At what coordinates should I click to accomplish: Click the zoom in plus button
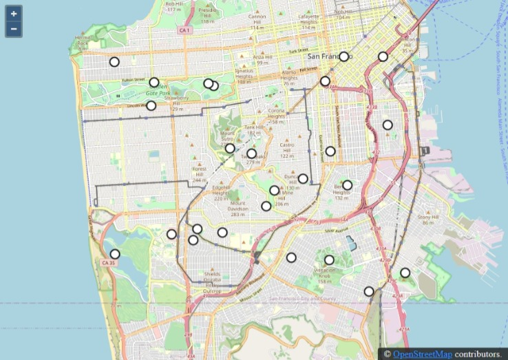point(14,13)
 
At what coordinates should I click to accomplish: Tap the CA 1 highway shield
point(184,31)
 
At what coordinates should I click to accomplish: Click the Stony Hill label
point(427,219)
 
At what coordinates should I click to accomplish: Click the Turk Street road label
point(297,51)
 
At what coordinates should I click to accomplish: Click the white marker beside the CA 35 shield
point(114,254)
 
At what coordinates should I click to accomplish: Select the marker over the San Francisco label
point(344,56)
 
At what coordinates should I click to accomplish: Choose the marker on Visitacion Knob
point(329,260)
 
